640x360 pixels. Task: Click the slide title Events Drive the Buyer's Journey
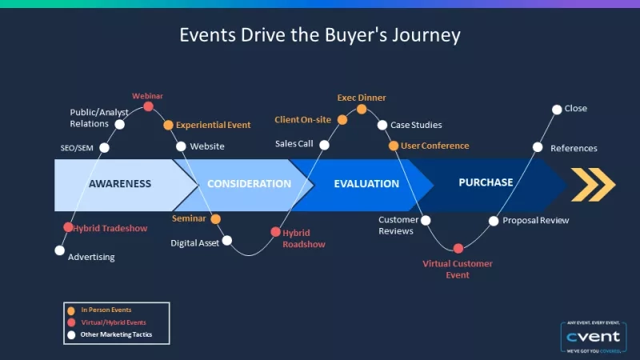pyautogui.click(x=320, y=35)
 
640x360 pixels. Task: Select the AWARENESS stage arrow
pyautogui.click(x=120, y=183)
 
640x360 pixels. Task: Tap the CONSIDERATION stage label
pyautogui.click(x=249, y=184)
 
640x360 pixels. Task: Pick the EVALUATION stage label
pyautogui.click(x=366, y=184)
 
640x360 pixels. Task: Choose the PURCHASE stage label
pyautogui.click(x=486, y=182)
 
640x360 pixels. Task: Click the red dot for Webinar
pyautogui.click(x=148, y=106)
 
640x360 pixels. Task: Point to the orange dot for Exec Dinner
pyautogui.click(x=362, y=109)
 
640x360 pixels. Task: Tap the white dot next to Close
pyautogui.click(x=557, y=109)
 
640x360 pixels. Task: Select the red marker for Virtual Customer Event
pyautogui.click(x=458, y=248)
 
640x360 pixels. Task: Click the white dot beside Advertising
pyautogui.click(x=59, y=250)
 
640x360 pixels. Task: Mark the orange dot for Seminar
pyautogui.click(x=215, y=218)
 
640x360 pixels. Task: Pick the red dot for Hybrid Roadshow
pyautogui.click(x=276, y=232)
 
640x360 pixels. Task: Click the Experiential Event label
pyautogui.click(x=213, y=125)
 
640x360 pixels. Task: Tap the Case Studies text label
pyautogui.click(x=416, y=125)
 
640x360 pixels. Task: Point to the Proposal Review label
pyautogui.click(x=536, y=220)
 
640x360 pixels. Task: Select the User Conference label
pyautogui.click(x=435, y=146)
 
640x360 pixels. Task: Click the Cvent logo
pyautogui.click(x=592, y=337)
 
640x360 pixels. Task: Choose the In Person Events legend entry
pyautogui.click(x=106, y=310)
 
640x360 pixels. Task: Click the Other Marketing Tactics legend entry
pyautogui.click(x=116, y=334)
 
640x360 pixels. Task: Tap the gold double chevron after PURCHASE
pyautogui.click(x=593, y=184)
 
